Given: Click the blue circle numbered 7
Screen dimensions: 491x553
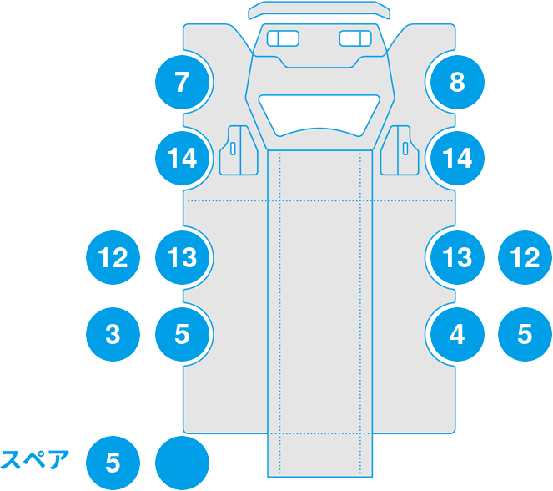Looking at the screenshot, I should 182,82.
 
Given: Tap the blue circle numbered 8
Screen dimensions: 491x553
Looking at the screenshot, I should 456,82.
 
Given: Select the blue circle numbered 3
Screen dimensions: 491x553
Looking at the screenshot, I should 113,334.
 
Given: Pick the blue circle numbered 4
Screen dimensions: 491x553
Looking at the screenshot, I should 456,334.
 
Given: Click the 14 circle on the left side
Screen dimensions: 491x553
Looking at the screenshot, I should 182,157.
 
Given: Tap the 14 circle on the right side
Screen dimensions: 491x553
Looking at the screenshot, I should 456,157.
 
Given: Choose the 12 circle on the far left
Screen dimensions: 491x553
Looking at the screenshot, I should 113,257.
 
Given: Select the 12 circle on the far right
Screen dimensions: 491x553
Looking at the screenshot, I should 525,257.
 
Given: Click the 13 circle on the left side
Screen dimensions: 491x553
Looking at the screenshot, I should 182,257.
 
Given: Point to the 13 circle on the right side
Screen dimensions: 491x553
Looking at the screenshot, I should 456,257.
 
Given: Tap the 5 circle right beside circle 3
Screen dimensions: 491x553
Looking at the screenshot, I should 182,334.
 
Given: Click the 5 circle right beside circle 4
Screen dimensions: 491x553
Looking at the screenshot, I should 525,334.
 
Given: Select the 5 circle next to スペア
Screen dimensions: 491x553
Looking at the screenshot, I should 113,462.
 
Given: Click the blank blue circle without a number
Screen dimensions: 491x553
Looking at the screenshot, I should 182,462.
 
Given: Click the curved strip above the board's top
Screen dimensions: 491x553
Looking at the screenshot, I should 319,10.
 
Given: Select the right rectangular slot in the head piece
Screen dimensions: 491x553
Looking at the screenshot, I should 356,38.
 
